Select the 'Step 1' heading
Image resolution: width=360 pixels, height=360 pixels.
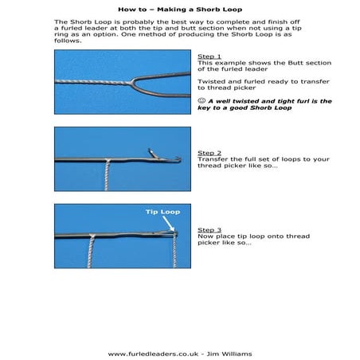pyautogui.click(x=209, y=57)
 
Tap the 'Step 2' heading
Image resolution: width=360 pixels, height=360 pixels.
pyautogui.click(x=209, y=152)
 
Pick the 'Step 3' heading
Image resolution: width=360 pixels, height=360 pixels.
pyautogui.click(x=209, y=229)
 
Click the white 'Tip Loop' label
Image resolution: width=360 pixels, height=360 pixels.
pyautogui.click(x=162, y=212)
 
